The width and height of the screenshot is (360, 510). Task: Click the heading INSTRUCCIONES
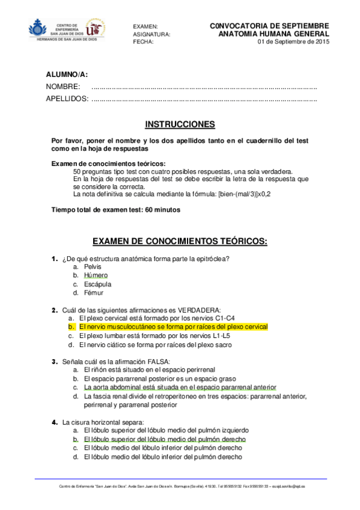(180, 124)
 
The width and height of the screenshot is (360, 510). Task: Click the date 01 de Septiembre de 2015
(293, 42)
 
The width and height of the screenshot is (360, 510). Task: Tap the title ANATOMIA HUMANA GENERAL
(274, 34)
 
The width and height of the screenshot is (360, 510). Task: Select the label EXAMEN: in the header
(145, 27)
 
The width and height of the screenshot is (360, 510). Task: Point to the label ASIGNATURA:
(151, 35)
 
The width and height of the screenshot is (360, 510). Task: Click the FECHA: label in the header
(143, 42)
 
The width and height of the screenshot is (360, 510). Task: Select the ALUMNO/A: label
(67, 75)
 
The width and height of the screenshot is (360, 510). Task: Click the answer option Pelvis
(93, 266)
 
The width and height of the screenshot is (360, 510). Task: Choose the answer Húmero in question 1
(96, 275)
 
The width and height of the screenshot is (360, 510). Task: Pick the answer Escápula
(97, 284)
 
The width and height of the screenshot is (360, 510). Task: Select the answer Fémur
(94, 293)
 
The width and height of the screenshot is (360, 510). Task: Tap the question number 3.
(55, 361)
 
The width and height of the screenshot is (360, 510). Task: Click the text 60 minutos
(162, 210)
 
